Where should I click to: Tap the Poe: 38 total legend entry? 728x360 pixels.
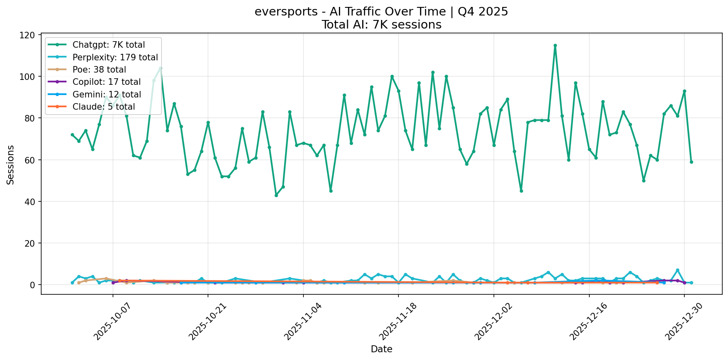pos(99,70)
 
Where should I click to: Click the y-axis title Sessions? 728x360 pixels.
pos(11,165)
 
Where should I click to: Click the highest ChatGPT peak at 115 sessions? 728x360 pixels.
pos(555,46)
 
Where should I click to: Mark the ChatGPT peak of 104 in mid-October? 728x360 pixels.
pos(160,68)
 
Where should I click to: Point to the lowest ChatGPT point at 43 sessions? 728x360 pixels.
pos(276,195)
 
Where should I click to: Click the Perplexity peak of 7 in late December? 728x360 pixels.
pos(677,270)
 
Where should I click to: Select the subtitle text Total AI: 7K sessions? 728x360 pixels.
pos(381,25)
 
